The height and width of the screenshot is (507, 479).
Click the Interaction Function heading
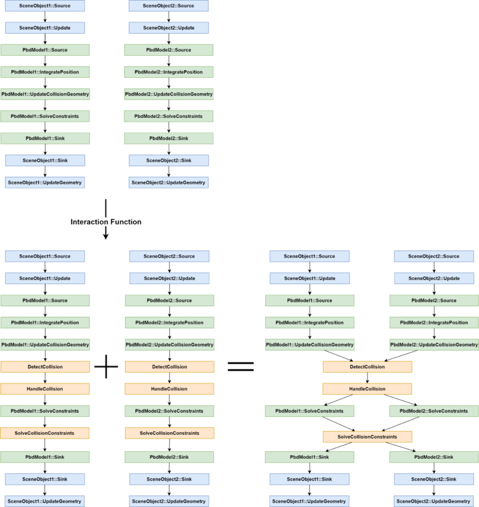coord(105,222)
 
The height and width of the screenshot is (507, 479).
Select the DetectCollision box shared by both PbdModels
coord(367,367)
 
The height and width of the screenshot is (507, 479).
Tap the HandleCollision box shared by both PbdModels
coord(367,389)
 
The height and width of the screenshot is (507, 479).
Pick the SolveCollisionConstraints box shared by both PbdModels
coord(367,437)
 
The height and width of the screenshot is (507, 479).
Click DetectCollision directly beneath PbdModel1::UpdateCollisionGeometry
coord(45,367)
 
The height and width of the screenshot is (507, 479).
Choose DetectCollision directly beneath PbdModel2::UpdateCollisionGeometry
coord(169,367)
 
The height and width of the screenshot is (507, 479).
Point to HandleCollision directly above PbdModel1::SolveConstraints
coord(45,389)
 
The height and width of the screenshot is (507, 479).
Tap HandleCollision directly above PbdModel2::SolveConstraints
coord(169,389)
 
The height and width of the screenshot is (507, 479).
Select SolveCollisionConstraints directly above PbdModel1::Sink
coord(45,433)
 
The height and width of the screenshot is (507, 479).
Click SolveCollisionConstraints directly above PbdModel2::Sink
coord(169,433)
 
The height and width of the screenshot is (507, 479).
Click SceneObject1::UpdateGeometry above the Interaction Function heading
coord(45,183)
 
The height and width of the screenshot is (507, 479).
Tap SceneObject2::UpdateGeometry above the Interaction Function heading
coord(169,183)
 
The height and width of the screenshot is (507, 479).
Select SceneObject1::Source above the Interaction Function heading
coord(45,6)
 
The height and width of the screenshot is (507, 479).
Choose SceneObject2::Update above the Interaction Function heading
coord(169,28)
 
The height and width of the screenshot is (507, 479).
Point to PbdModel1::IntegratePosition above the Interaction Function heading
coord(45,72)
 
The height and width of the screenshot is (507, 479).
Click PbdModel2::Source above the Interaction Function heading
coord(169,50)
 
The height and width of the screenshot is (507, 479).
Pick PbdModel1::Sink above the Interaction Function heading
coord(45,138)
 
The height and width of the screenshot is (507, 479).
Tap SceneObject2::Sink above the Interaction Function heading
coord(169,160)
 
